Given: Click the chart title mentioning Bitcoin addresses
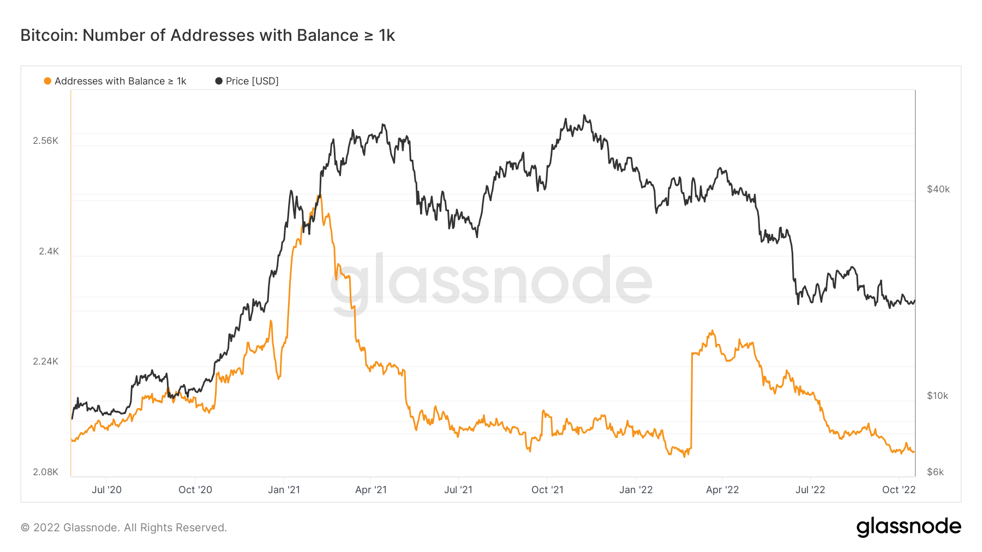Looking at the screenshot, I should pyautogui.click(x=207, y=35).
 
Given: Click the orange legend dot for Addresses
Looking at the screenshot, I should pyautogui.click(x=47, y=81).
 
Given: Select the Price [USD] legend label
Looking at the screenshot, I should pyautogui.click(x=252, y=81).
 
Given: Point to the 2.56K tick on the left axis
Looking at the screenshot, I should pyautogui.click(x=45, y=141).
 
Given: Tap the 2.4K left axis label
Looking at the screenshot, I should pyautogui.click(x=49, y=251).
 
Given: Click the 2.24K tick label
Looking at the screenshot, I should pyautogui.click(x=45, y=361).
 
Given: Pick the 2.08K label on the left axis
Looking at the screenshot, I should pyautogui.click(x=45, y=472).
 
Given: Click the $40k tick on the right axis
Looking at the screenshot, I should pyautogui.click(x=938, y=189).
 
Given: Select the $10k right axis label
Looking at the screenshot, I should pyautogui.click(x=937, y=396).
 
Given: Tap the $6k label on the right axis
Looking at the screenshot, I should pyautogui.click(x=935, y=472).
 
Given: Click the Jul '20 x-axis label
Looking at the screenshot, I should pyautogui.click(x=106, y=490).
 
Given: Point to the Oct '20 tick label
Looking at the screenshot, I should pyautogui.click(x=195, y=490).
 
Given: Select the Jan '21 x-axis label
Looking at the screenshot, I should pyautogui.click(x=284, y=490).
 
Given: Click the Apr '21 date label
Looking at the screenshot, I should pyautogui.click(x=371, y=490).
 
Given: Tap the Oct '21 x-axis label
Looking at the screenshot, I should pyautogui.click(x=547, y=490).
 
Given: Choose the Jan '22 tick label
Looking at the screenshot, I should pyautogui.click(x=636, y=490).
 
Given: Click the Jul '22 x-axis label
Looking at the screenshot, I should pyautogui.click(x=810, y=490).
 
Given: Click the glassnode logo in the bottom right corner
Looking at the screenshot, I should pyautogui.click(x=908, y=527).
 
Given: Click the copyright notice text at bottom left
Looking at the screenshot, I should pyautogui.click(x=124, y=527).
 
